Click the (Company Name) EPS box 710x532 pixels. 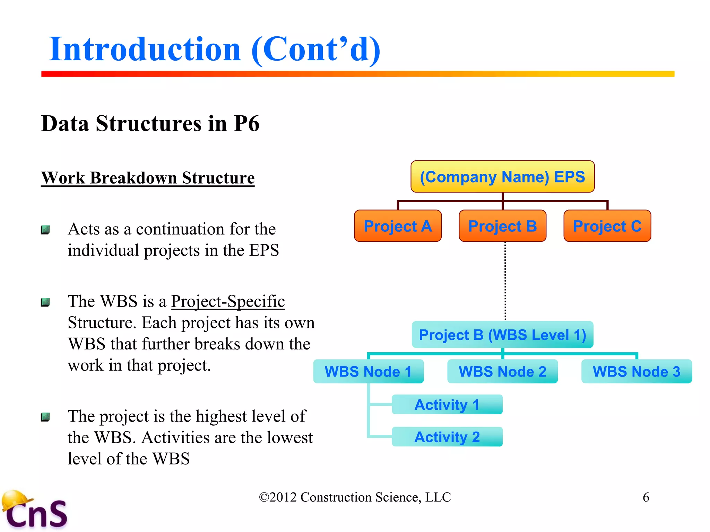coord(502,177)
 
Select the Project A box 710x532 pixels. coord(398,226)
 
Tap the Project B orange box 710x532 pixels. coord(502,226)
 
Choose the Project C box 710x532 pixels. coord(607,226)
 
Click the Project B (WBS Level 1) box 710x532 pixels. coord(502,335)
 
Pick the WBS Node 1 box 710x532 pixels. coord(368,371)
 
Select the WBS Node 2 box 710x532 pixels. coord(502,371)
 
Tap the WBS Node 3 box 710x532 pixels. coord(637,371)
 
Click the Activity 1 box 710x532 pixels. coord(447,405)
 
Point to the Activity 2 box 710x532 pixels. coord(447,437)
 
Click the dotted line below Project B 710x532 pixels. coord(505,281)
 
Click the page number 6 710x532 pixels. coord(646,497)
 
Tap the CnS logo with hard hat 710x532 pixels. coord(35,511)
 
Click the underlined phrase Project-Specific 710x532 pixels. coord(228,301)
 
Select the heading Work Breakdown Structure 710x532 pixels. coord(148,178)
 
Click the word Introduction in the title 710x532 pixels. coord(145,49)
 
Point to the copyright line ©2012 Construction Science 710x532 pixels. coord(355,497)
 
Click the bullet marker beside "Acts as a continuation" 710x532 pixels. coord(45,230)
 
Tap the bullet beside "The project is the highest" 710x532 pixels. coord(45,417)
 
